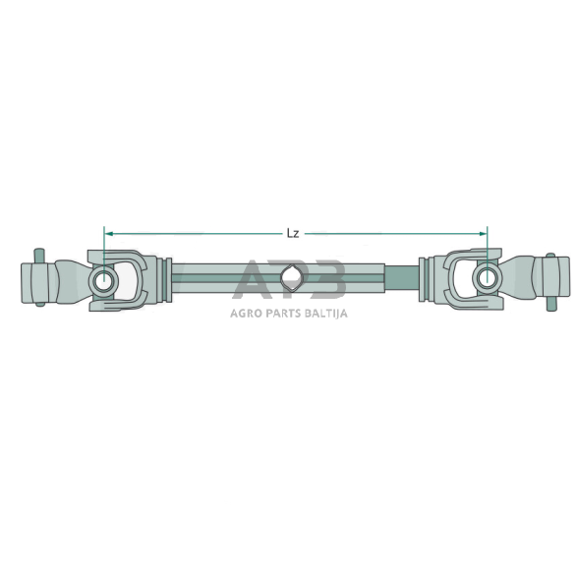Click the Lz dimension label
pos(293,234)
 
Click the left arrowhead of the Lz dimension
pos(108,233)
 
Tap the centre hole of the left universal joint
pos(103,281)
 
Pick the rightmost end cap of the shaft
pos(559,279)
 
